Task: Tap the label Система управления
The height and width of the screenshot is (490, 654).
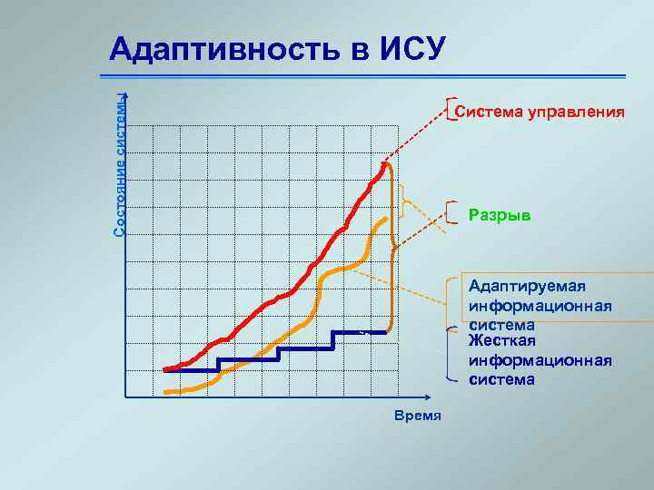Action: (540, 113)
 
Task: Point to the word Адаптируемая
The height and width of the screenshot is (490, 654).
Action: (528, 286)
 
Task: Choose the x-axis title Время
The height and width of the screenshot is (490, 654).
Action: (418, 416)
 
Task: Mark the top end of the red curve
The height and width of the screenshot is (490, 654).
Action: (386, 164)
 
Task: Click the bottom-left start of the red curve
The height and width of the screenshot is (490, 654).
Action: (166, 369)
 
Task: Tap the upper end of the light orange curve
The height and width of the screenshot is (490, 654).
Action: (388, 219)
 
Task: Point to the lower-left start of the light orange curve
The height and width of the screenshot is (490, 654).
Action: (167, 391)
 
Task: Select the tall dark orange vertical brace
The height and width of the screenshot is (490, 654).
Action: (392, 247)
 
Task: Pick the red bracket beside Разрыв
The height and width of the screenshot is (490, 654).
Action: (451, 211)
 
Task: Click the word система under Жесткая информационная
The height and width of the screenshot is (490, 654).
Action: (501, 379)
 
